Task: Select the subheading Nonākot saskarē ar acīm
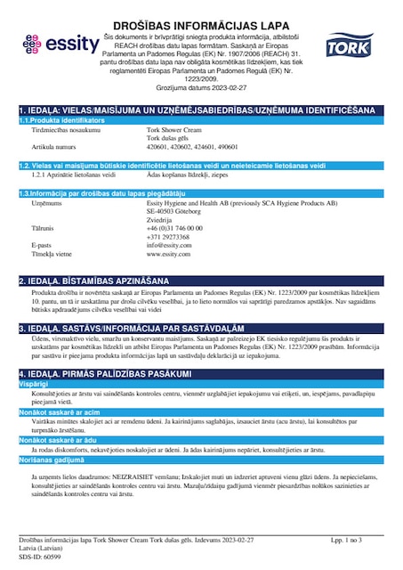pyautogui.click(x=60, y=413)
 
